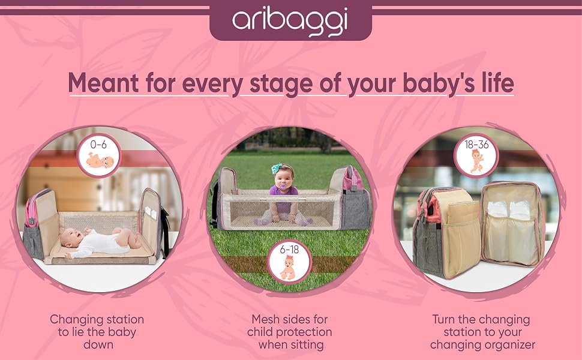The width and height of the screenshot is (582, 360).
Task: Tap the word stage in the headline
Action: [x=281, y=84]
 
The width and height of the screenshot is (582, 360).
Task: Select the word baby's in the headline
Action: [x=439, y=83]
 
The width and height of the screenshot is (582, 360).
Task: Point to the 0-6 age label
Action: [x=98, y=145]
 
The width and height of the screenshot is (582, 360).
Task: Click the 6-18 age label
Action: [x=290, y=250]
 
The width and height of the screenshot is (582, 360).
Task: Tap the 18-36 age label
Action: [x=477, y=145]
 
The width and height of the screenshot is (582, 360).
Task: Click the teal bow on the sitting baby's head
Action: [x=277, y=168]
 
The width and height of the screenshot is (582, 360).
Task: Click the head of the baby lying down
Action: [x=71, y=238]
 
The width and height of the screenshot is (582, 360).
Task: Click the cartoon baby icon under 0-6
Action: [x=100, y=160]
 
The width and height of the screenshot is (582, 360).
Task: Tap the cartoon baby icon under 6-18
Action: [x=289, y=267]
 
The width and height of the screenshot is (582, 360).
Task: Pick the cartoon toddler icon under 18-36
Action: [x=476, y=161]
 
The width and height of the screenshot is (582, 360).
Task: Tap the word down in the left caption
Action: [x=98, y=344]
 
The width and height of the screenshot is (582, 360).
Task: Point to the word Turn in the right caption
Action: [x=444, y=319]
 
